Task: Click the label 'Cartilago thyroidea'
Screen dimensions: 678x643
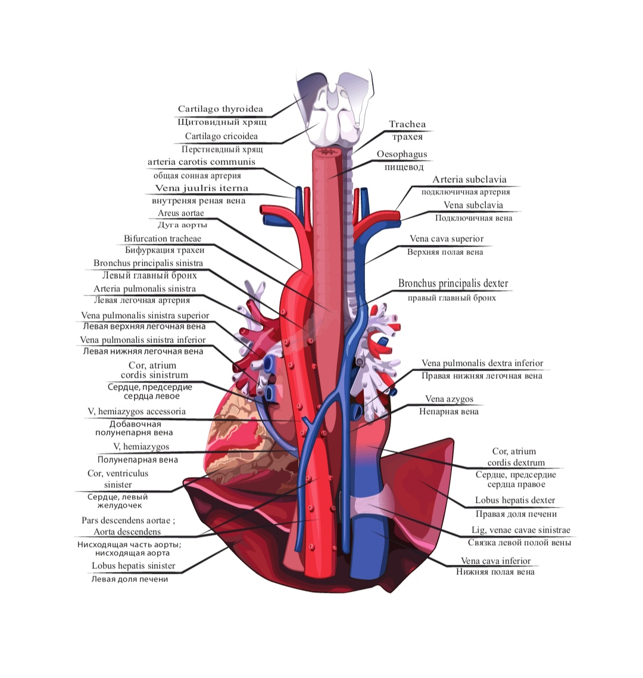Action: click(220, 109)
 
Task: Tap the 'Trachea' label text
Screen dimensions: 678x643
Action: click(407, 125)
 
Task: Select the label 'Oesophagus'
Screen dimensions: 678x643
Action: click(402, 154)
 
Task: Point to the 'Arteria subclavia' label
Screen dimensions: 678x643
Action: click(469, 179)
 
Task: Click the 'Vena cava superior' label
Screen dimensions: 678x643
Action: click(447, 239)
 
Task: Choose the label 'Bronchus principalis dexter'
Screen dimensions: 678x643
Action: click(453, 284)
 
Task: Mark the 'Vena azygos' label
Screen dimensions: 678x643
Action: click(449, 399)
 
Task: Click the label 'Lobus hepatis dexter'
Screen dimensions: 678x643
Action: click(515, 500)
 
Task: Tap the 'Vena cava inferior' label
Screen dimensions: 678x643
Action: click(495, 561)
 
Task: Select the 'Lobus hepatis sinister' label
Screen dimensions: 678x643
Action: click(133, 565)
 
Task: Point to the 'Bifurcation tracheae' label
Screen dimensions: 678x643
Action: click(163, 238)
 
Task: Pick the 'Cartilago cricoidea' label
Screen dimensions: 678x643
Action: click(221, 136)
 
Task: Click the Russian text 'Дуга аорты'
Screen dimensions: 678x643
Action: click(182, 225)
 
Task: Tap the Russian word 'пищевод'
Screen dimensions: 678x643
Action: click(402, 167)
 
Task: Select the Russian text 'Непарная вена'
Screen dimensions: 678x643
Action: click(448, 411)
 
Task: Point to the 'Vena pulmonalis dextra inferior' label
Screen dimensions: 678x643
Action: click(482, 363)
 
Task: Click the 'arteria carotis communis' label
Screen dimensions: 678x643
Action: click(201, 162)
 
